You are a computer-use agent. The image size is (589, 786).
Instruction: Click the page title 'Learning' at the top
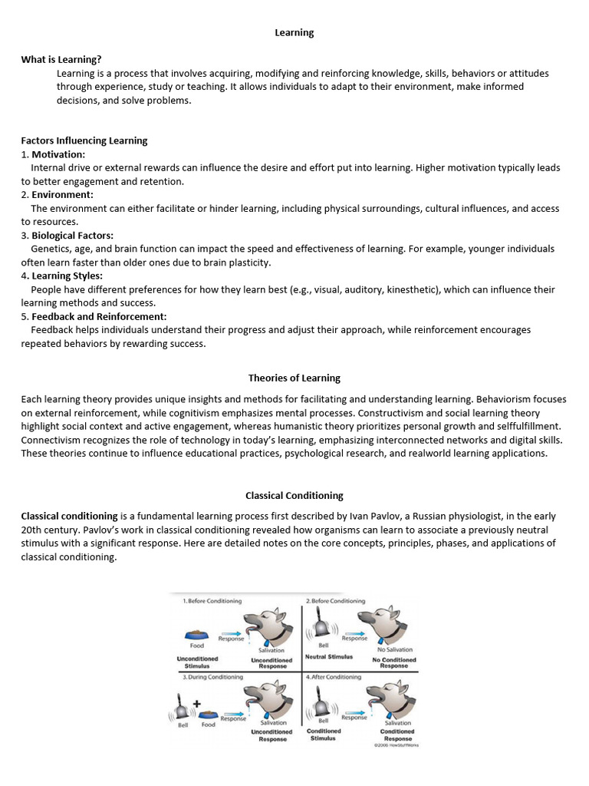point(294,32)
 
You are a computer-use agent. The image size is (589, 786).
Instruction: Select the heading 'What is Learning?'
point(61,59)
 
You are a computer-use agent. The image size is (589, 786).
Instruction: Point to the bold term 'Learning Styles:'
point(67,276)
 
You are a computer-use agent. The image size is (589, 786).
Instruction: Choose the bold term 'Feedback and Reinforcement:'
point(99,316)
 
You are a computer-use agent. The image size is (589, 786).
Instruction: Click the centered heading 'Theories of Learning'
point(294,378)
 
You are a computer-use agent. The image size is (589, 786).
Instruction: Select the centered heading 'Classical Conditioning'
point(294,495)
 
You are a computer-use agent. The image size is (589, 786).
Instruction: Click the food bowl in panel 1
point(197,635)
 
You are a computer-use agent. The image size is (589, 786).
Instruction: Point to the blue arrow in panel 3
point(234,712)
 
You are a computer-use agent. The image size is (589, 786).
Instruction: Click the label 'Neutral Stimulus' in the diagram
point(329,657)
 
